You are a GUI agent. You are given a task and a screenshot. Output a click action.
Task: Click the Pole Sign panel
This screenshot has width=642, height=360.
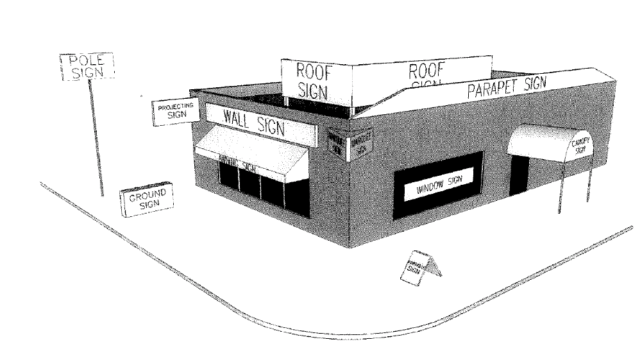pos(87,67)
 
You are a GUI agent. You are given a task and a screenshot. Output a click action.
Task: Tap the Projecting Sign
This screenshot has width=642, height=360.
pos(176,111)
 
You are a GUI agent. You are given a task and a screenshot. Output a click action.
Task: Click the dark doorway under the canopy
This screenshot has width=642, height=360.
pos(520,173)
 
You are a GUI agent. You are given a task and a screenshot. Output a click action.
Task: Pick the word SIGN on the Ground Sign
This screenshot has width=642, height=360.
pos(149,203)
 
